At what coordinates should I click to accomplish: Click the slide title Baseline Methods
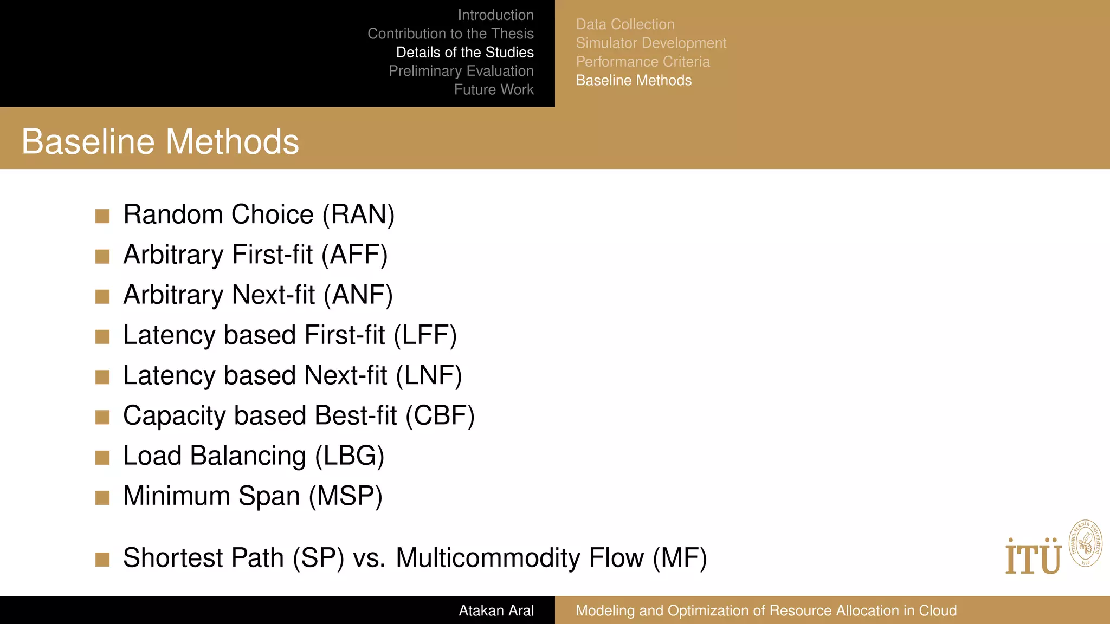pyautogui.click(x=160, y=142)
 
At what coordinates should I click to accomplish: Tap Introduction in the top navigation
pyautogui.click(x=495, y=15)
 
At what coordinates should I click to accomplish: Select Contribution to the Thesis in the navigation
pyautogui.click(x=450, y=34)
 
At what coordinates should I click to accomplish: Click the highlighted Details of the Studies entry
pyautogui.click(x=464, y=53)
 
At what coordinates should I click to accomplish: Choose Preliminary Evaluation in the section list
pyautogui.click(x=461, y=71)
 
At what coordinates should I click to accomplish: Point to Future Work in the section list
pyautogui.click(x=494, y=89)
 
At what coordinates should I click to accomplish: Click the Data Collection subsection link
pyautogui.click(x=625, y=24)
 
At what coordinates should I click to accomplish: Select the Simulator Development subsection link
pyautogui.click(x=651, y=43)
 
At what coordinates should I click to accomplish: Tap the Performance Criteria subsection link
pyautogui.click(x=643, y=62)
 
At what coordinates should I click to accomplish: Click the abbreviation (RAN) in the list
pyautogui.click(x=358, y=214)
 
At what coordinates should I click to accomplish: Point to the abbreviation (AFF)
pyautogui.click(x=354, y=255)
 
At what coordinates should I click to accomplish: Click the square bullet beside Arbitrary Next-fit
pyautogui.click(x=102, y=296)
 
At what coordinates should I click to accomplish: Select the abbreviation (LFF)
pyautogui.click(x=425, y=335)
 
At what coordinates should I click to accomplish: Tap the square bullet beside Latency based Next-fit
pyautogui.click(x=102, y=376)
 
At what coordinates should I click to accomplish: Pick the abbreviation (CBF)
pyautogui.click(x=440, y=415)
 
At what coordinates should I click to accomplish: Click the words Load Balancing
pyautogui.click(x=215, y=456)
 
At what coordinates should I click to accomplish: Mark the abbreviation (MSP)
pyautogui.click(x=346, y=496)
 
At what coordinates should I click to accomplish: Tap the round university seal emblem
pyautogui.click(x=1086, y=543)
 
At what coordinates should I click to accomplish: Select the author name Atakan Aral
pyautogui.click(x=496, y=610)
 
